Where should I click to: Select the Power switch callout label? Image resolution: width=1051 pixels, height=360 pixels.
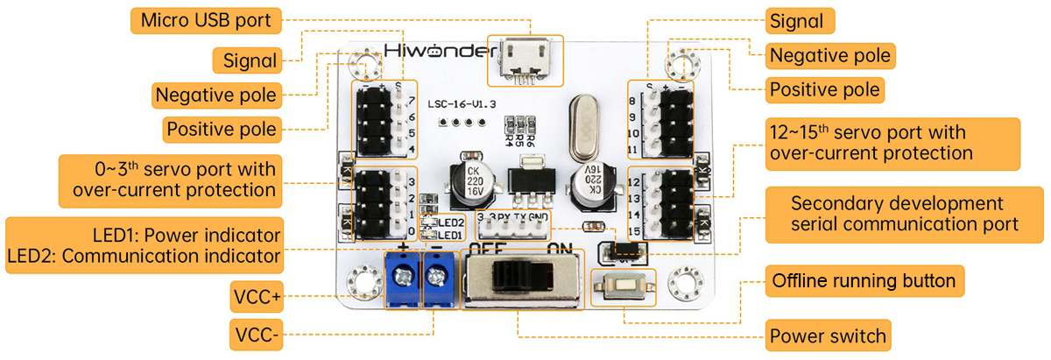point(828,335)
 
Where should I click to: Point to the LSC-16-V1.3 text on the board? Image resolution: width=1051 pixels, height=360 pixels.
point(462,103)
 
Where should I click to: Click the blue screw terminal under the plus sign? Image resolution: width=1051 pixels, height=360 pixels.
point(405,279)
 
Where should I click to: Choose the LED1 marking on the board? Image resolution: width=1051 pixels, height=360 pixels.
point(450,235)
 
